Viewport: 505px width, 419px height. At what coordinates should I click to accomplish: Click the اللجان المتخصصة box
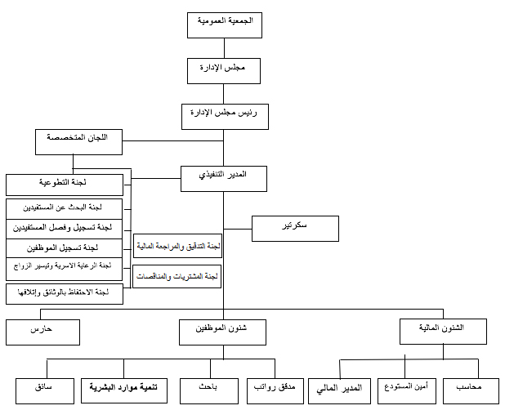coord(78,140)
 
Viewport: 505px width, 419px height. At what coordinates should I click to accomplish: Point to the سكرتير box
coord(295,228)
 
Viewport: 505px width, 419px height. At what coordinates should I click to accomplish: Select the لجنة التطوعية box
coord(64,185)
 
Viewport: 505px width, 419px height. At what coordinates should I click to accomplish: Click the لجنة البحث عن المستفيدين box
coord(64,207)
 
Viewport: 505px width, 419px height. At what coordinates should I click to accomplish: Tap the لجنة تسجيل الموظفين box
coord(64,247)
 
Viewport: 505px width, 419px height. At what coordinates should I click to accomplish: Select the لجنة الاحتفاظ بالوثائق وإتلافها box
coord(64,294)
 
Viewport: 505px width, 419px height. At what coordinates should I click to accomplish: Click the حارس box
coord(42,332)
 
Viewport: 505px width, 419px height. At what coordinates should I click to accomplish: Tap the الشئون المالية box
coord(443,331)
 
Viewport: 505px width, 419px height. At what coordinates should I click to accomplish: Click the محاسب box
coord(471,390)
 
